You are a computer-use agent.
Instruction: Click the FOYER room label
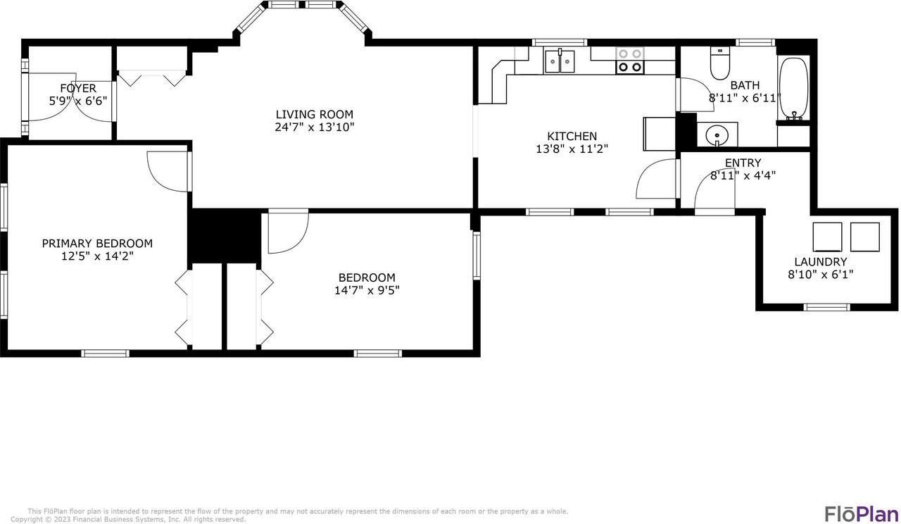pyautogui.click(x=77, y=88)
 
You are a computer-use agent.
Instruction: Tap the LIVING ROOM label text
pyautogui.click(x=314, y=114)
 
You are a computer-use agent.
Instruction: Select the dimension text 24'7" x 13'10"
pyautogui.click(x=314, y=127)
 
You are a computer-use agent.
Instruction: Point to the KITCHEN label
pyautogui.click(x=572, y=136)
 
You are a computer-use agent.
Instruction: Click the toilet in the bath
pyautogui.click(x=719, y=64)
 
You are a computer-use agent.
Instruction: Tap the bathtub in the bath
pyautogui.click(x=794, y=89)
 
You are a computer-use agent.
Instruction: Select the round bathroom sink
pyautogui.click(x=717, y=134)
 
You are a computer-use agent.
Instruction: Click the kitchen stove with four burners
pyautogui.click(x=630, y=61)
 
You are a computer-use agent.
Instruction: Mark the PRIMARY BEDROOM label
pyautogui.click(x=97, y=244)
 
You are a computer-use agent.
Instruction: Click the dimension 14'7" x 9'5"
pyautogui.click(x=367, y=289)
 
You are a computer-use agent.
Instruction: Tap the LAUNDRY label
pyautogui.click(x=820, y=262)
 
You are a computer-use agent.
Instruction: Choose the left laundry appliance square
pyautogui.click(x=827, y=237)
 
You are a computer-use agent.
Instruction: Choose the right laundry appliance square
pyautogui.click(x=864, y=237)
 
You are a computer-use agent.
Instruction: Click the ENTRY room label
pyautogui.click(x=743, y=163)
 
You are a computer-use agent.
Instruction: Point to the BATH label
pyautogui.click(x=745, y=86)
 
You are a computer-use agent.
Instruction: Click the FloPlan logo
pyautogui.click(x=861, y=513)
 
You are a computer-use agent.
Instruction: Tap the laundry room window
pyautogui.click(x=827, y=307)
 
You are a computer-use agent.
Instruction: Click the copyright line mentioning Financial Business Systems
pyautogui.click(x=128, y=520)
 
